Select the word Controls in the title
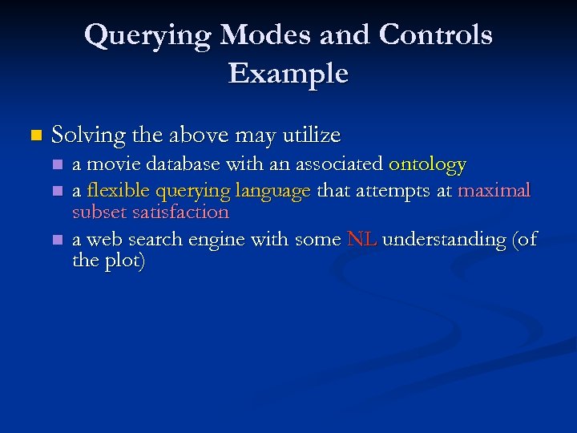coord(436,35)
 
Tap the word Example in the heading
coord(288,74)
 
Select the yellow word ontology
coord(427,166)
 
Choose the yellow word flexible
coord(118,191)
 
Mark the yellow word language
coord(276,192)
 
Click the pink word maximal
coord(494,191)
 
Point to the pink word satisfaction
coord(184,212)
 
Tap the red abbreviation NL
coord(361,240)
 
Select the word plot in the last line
coord(121,262)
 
